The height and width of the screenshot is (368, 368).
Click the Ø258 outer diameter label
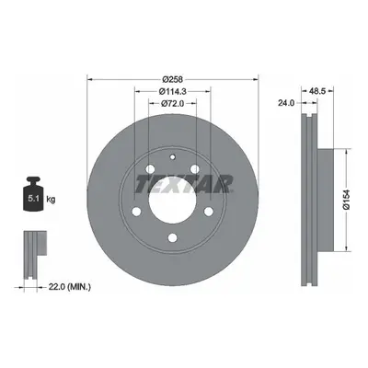click(173, 80)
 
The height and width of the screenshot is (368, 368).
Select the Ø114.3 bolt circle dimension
click(173, 91)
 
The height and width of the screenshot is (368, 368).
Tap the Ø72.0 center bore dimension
click(172, 104)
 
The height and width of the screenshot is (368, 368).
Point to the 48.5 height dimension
click(317, 91)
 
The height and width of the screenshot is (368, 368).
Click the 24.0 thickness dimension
click(286, 103)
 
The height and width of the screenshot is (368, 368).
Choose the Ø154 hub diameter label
click(347, 200)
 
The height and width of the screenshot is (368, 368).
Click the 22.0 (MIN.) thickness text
click(70, 287)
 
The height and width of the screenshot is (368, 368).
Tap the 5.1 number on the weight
click(33, 199)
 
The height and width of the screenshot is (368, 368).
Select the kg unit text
click(51, 200)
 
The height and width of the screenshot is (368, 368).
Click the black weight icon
click(33, 193)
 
